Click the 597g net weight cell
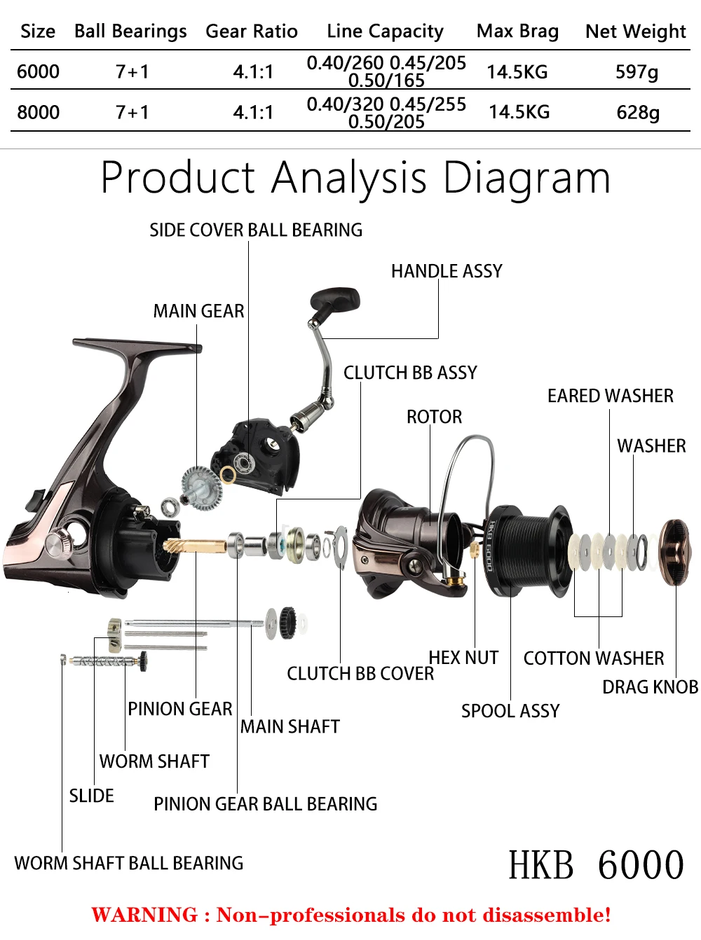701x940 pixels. click(x=637, y=71)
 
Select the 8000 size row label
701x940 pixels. click(x=38, y=112)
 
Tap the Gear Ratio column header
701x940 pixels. click(x=251, y=32)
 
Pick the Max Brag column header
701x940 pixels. click(x=517, y=32)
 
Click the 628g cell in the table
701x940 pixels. click(x=638, y=112)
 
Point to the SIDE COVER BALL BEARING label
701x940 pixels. click(x=256, y=230)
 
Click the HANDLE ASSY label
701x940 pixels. click(x=447, y=271)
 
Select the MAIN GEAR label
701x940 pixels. click(x=198, y=311)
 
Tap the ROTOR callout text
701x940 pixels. click(x=434, y=417)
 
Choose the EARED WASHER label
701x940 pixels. click(x=610, y=396)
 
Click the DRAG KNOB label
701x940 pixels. click(x=650, y=687)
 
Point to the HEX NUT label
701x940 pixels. click(x=463, y=658)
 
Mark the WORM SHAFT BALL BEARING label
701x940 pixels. click(x=129, y=863)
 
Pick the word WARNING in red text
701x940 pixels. click(x=144, y=915)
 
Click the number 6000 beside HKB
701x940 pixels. click(x=641, y=865)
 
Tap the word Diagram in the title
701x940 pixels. click(x=526, y=178)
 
